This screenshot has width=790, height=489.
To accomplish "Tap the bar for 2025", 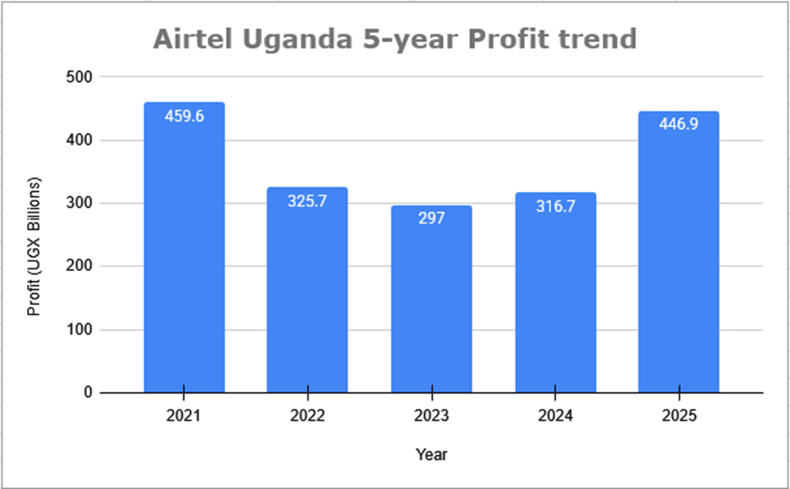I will tap(679, 261).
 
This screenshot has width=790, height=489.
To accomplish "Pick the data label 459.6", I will tap(184, 116).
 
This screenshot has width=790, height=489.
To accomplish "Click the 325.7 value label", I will tap(307, 201).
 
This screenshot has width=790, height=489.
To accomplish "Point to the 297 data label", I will tap(431, 218).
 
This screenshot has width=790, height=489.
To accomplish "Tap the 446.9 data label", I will tap(679, 125).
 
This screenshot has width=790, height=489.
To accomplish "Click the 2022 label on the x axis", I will tap(307, 416).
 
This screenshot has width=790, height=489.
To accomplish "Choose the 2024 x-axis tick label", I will tap(555, 416).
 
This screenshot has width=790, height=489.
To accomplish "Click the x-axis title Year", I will tap(431, 454).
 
